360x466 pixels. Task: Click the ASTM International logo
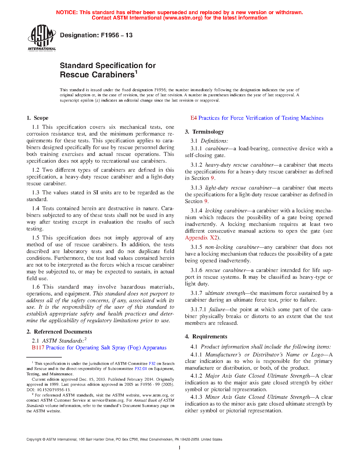(x=42, y=38)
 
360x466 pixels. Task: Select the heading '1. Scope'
(x=37, y=118)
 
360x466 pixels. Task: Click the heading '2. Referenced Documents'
(x=59, y=332)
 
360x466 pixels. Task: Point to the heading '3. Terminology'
(x=204, y=132)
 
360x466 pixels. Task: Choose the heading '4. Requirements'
(x=206, y=337)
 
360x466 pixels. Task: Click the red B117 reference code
(x=38, y=348)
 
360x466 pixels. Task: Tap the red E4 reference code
(x=194, y=118)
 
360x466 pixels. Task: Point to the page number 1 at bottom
(x=180, y=448)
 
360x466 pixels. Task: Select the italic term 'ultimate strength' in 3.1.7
(x=225, y=293)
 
